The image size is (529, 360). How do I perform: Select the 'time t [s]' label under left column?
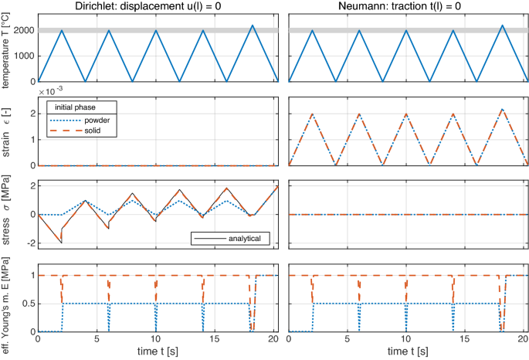(x=157, y=352)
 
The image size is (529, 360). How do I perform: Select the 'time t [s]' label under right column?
(x=408, y=352)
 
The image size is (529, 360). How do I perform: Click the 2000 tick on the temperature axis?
(x=23, y=30)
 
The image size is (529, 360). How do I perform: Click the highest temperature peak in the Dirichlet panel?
(x=252, y=25)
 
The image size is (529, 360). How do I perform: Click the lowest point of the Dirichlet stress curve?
(x=61, y=243)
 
